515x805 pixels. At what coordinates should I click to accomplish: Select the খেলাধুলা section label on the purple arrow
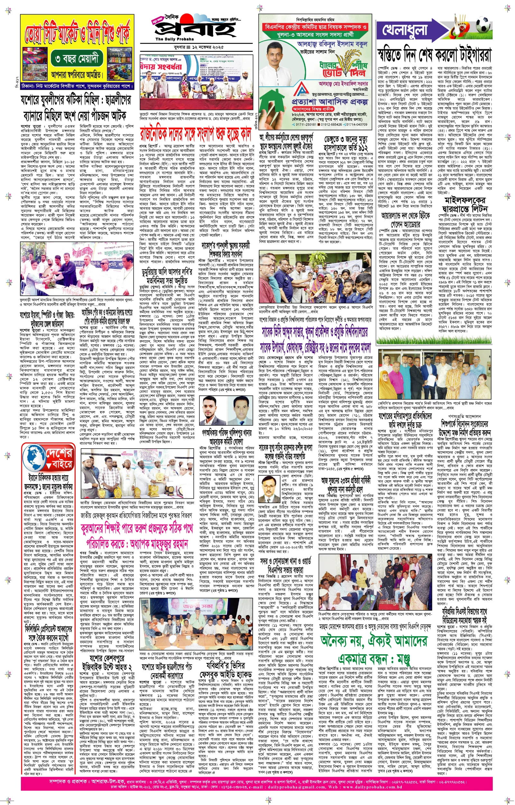[x=405, y=30]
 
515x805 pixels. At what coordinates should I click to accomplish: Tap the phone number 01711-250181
[x=304, y=124]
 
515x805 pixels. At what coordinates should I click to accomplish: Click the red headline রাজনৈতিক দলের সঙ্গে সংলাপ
[x=196, y=132]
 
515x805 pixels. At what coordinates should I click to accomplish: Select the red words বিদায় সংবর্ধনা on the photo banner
[x=161, y=67]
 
